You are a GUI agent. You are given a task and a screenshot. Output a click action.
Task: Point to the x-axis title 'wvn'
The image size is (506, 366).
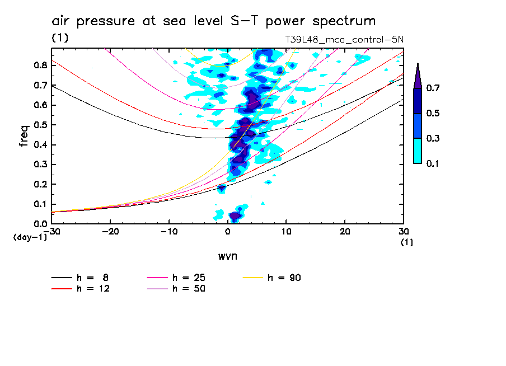[227, 256]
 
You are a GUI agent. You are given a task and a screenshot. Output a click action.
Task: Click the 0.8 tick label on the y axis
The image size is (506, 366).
[40, 65]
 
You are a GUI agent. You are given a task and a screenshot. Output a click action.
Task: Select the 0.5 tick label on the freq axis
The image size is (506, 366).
[40, 125]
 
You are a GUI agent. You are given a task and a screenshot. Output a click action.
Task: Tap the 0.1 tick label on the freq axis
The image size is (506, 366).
[40, 204]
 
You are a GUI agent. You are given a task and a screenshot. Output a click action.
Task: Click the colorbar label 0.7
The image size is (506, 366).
[433, 88]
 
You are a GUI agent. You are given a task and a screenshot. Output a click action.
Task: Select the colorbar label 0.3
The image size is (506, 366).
[433, 138]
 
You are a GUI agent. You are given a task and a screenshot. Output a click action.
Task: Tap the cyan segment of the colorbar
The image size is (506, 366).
[418, 151]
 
